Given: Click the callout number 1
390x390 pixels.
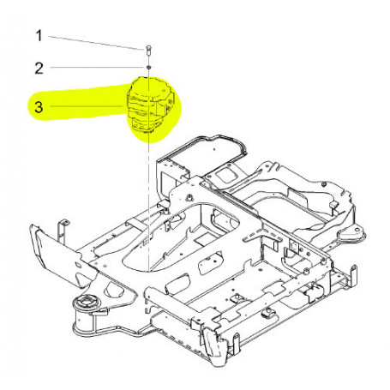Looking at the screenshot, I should [x=38, y=36].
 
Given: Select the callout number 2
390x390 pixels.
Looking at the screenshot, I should [x=38, y=67].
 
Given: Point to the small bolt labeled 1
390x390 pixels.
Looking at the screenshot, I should [x=149, y=48].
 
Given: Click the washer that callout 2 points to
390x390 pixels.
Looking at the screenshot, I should [x=149, y=67].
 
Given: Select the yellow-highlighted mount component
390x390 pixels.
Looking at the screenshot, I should [x=151, y=107].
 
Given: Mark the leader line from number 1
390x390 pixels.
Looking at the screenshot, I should [x=94, y=41].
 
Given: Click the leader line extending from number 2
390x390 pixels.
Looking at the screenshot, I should [x=94, y=66].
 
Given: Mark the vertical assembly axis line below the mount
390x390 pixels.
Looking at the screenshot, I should [x=149, y=197].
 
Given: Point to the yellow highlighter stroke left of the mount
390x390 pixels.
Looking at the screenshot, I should [x=77, y=107].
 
